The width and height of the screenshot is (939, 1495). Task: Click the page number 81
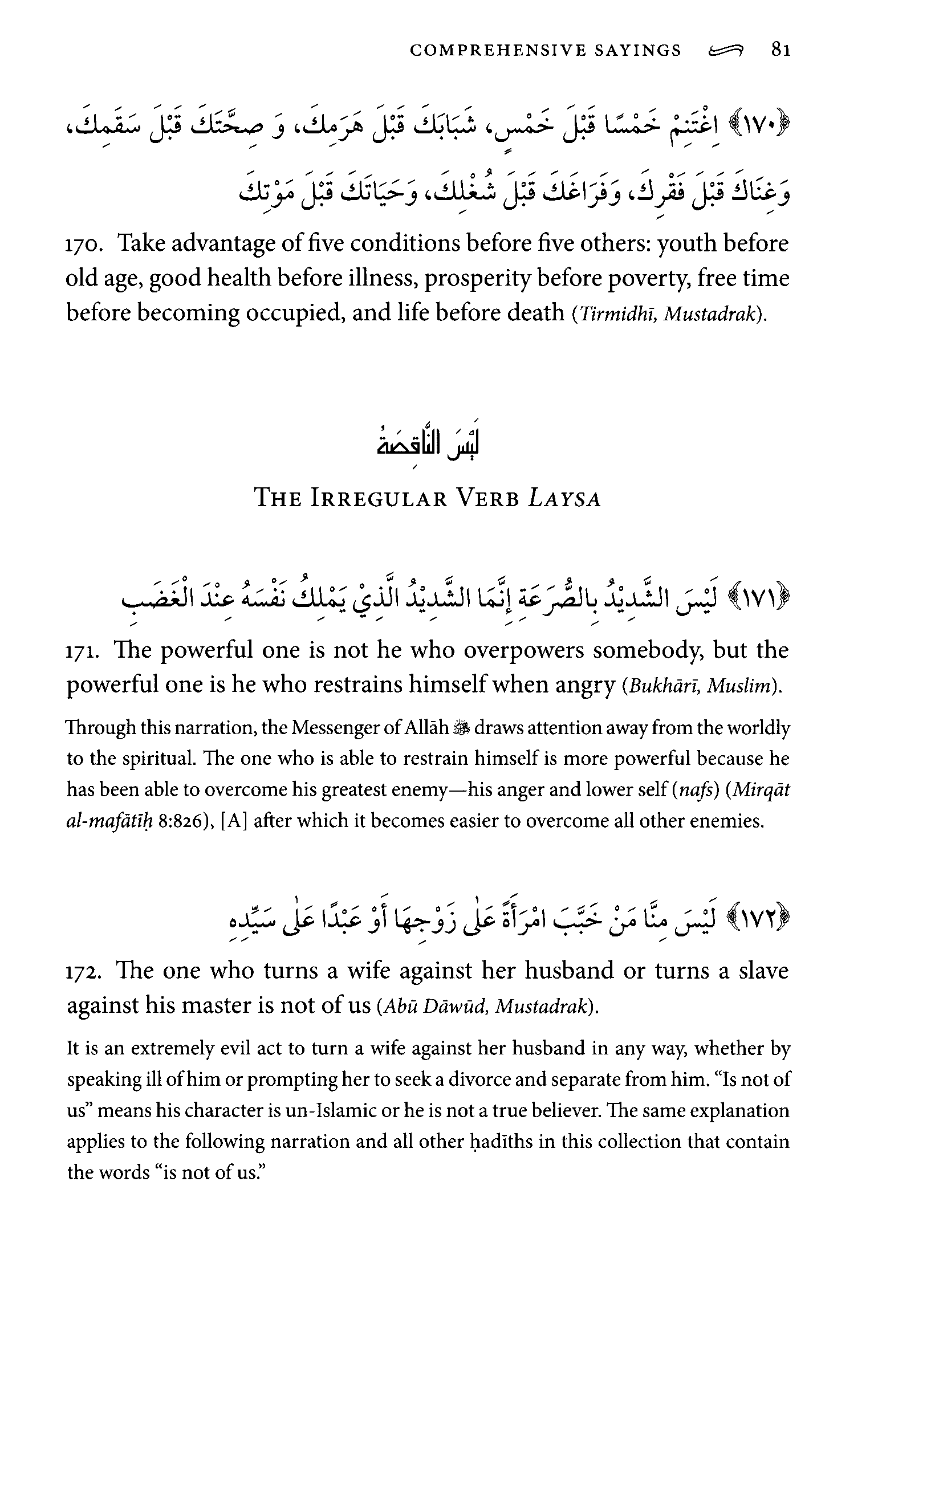click(781, 50)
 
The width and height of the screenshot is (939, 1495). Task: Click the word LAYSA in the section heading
click(564, 499)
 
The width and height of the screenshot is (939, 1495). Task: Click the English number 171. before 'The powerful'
click(82, 651)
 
